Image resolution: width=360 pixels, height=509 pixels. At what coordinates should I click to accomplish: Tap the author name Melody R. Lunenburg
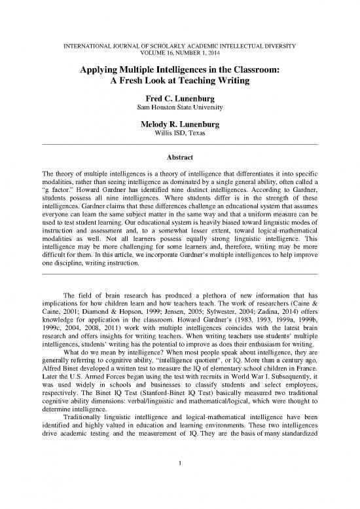[179, 123]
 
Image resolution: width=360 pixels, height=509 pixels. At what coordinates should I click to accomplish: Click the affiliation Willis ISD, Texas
[179, 133]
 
